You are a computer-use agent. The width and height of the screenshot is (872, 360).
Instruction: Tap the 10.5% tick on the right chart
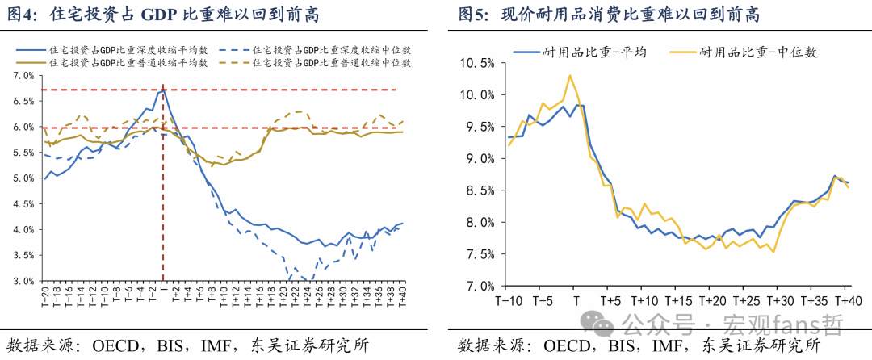(478, 63)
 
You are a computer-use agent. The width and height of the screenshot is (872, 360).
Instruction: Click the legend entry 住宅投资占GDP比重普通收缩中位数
(332, 63)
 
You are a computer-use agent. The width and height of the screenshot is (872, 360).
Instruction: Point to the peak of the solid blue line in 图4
(163, 90)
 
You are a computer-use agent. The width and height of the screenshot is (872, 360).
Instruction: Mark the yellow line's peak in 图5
(570, 75)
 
